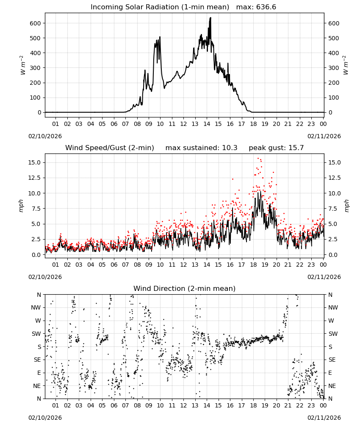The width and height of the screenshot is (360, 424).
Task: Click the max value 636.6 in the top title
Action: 266,7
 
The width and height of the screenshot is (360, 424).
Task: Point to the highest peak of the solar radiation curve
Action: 210,18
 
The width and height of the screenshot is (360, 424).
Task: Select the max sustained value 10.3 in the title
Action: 230,148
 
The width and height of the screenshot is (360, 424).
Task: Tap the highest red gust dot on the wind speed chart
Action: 258,159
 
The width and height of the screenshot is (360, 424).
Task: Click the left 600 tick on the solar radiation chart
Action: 35,23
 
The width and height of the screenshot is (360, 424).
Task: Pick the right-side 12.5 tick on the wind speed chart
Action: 334,178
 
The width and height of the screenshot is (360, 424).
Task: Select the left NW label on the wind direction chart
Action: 36,308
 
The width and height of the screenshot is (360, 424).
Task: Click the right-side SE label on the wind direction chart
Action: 332,360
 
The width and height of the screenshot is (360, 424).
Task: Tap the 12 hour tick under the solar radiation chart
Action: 183,124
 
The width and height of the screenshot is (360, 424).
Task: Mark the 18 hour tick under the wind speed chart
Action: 253,265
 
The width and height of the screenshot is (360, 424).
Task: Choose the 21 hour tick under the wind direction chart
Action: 288,405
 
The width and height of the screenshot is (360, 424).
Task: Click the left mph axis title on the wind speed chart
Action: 21,206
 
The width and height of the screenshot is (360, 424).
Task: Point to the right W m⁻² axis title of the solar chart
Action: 346,65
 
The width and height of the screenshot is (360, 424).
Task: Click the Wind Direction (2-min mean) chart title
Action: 185,288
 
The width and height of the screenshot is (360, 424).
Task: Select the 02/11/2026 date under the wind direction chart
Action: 324,418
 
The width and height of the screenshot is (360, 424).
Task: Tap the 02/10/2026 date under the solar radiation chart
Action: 45,136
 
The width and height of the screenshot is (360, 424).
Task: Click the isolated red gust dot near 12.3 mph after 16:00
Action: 233,179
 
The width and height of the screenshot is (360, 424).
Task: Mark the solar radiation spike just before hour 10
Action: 160,37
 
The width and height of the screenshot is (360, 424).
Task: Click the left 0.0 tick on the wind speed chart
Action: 36,255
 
